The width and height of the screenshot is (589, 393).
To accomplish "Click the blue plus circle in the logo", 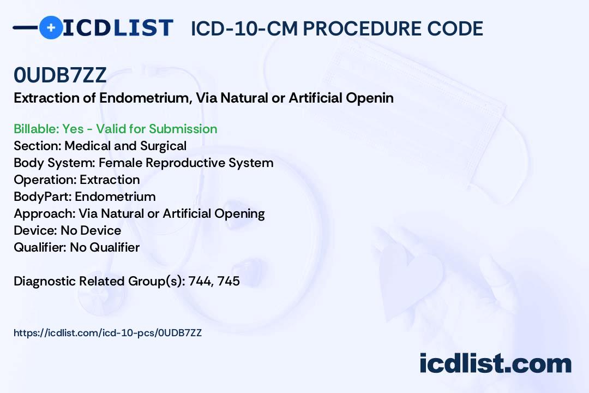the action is click(51, 27).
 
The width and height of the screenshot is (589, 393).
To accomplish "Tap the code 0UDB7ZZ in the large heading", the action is click(60, 75).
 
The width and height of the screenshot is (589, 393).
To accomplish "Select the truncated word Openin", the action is click(370, 98).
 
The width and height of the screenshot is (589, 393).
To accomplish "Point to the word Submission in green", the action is click(183, 129).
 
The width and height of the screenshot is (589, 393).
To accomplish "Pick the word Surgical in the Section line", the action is click(164, 146).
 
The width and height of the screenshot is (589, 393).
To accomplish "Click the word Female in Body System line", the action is click(120, 163).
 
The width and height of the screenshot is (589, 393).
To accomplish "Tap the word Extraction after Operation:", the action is click(110, 180).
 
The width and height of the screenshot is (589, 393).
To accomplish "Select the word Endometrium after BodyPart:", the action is click(115, 196).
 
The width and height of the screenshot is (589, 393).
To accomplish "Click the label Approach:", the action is click(45, 213).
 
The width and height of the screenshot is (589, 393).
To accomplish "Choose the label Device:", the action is click(35, 230).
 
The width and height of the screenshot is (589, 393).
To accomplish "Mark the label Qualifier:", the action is click(40, 247).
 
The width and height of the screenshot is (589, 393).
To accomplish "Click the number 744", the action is click(200, 281).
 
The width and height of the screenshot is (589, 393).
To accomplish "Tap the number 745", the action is click(229, 281).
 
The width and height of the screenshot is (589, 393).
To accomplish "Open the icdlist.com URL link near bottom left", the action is click(108, 333).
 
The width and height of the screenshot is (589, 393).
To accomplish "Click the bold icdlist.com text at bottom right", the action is click(496, 363).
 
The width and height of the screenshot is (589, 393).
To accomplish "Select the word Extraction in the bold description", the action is click(47, 98).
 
